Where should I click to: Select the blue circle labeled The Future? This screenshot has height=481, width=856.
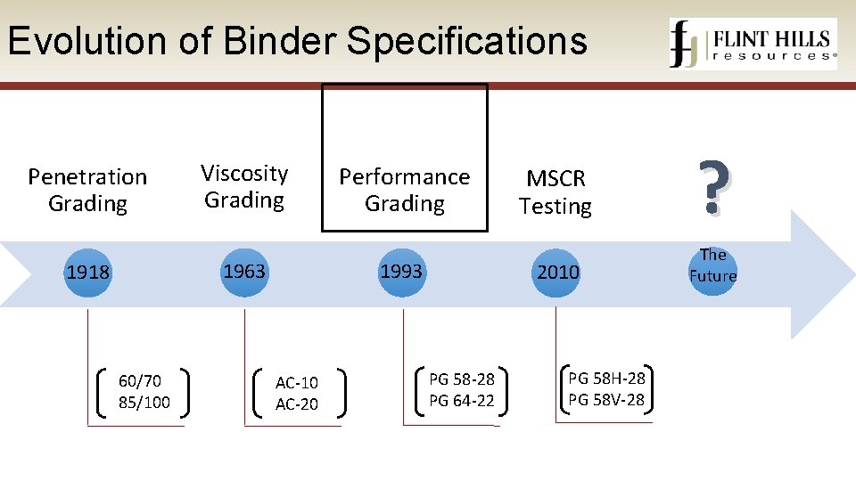[712, 265]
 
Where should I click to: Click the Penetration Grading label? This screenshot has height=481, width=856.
[87, 190]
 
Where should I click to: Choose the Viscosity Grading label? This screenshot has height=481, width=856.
[244, 186]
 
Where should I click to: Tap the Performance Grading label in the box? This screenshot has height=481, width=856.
[405, 190]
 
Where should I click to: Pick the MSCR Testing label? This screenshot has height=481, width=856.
[556, 192]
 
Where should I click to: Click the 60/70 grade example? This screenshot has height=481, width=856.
[140, 381]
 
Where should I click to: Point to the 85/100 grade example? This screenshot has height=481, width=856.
[144, 403]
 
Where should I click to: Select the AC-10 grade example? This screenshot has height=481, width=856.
[297, 383]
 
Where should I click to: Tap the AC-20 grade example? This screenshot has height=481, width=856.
[297, 404]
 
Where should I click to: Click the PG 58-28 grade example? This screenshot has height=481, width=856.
[462, 379]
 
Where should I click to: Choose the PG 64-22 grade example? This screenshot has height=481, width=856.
[462, 401]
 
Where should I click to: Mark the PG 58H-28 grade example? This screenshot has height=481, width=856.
[606, 379]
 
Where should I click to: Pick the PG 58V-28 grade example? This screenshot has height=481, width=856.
[606, 400]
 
